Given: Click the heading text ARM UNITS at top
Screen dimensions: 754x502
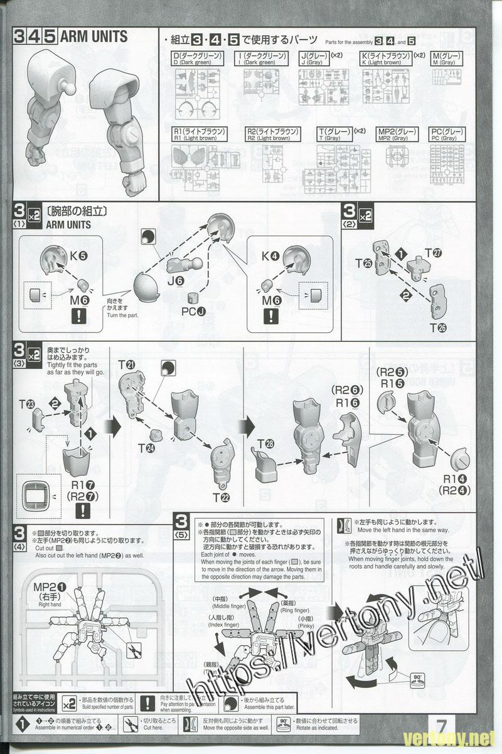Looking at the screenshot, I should [93, 36].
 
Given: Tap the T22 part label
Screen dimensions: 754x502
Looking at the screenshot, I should [220, 498].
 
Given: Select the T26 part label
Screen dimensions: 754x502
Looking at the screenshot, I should [437, 327].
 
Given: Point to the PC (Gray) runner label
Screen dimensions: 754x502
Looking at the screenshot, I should [444, 135].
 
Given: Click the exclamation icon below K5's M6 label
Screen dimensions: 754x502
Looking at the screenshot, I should [78, 316].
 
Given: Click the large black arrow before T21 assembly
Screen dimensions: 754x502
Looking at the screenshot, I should [115, 427].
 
